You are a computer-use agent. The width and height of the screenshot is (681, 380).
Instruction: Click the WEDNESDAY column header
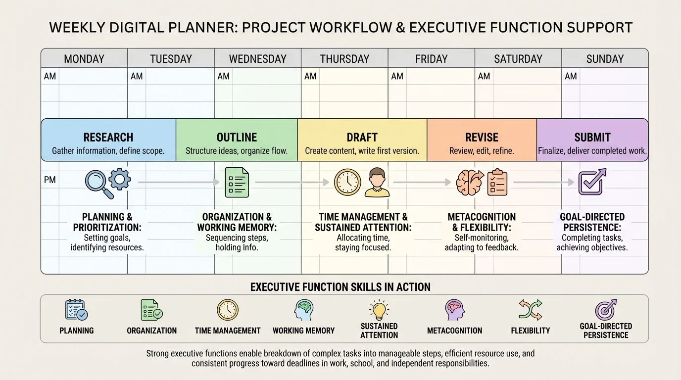click(x=257, y=59)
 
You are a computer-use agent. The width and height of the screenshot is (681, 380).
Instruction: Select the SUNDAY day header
click(x=605, y=59)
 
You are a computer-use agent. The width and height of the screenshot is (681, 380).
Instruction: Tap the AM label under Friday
click(x=397, y=76)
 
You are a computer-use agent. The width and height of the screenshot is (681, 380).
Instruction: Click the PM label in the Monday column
click(x=49, y=180)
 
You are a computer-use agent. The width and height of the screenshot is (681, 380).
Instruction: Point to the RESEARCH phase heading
click(x=108, y=138)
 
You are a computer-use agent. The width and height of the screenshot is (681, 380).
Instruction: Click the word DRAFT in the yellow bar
click(x=362, y=138)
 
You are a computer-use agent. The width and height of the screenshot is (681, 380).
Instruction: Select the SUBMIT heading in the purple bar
click(x=592, y=138)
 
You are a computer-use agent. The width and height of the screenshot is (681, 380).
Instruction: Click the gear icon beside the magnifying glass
click(x=120, y=179)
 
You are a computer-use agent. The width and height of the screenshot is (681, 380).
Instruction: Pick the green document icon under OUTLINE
click(x=237, y=183)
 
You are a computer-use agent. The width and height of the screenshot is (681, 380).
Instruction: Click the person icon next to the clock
click(x=377, y=183)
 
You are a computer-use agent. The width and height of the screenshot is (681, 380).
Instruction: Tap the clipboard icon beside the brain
click(x=497, y=182)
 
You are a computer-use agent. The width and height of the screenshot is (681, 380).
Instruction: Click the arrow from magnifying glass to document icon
click(x=179, y=183)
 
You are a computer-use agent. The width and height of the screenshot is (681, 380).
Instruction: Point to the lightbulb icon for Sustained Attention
click(x=379, y=310)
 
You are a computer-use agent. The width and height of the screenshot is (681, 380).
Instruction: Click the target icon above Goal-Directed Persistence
click(x=606, y=309)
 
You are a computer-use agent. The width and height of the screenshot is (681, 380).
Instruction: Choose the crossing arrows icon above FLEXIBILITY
click(x=530, y=310)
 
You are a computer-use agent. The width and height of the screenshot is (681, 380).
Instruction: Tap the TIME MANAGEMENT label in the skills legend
click(x=228, y=331)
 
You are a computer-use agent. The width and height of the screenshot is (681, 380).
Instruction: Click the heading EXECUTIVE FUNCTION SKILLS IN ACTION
click(x=340, y=287)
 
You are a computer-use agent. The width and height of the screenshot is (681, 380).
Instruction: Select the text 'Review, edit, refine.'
click(x=482, y=151)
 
